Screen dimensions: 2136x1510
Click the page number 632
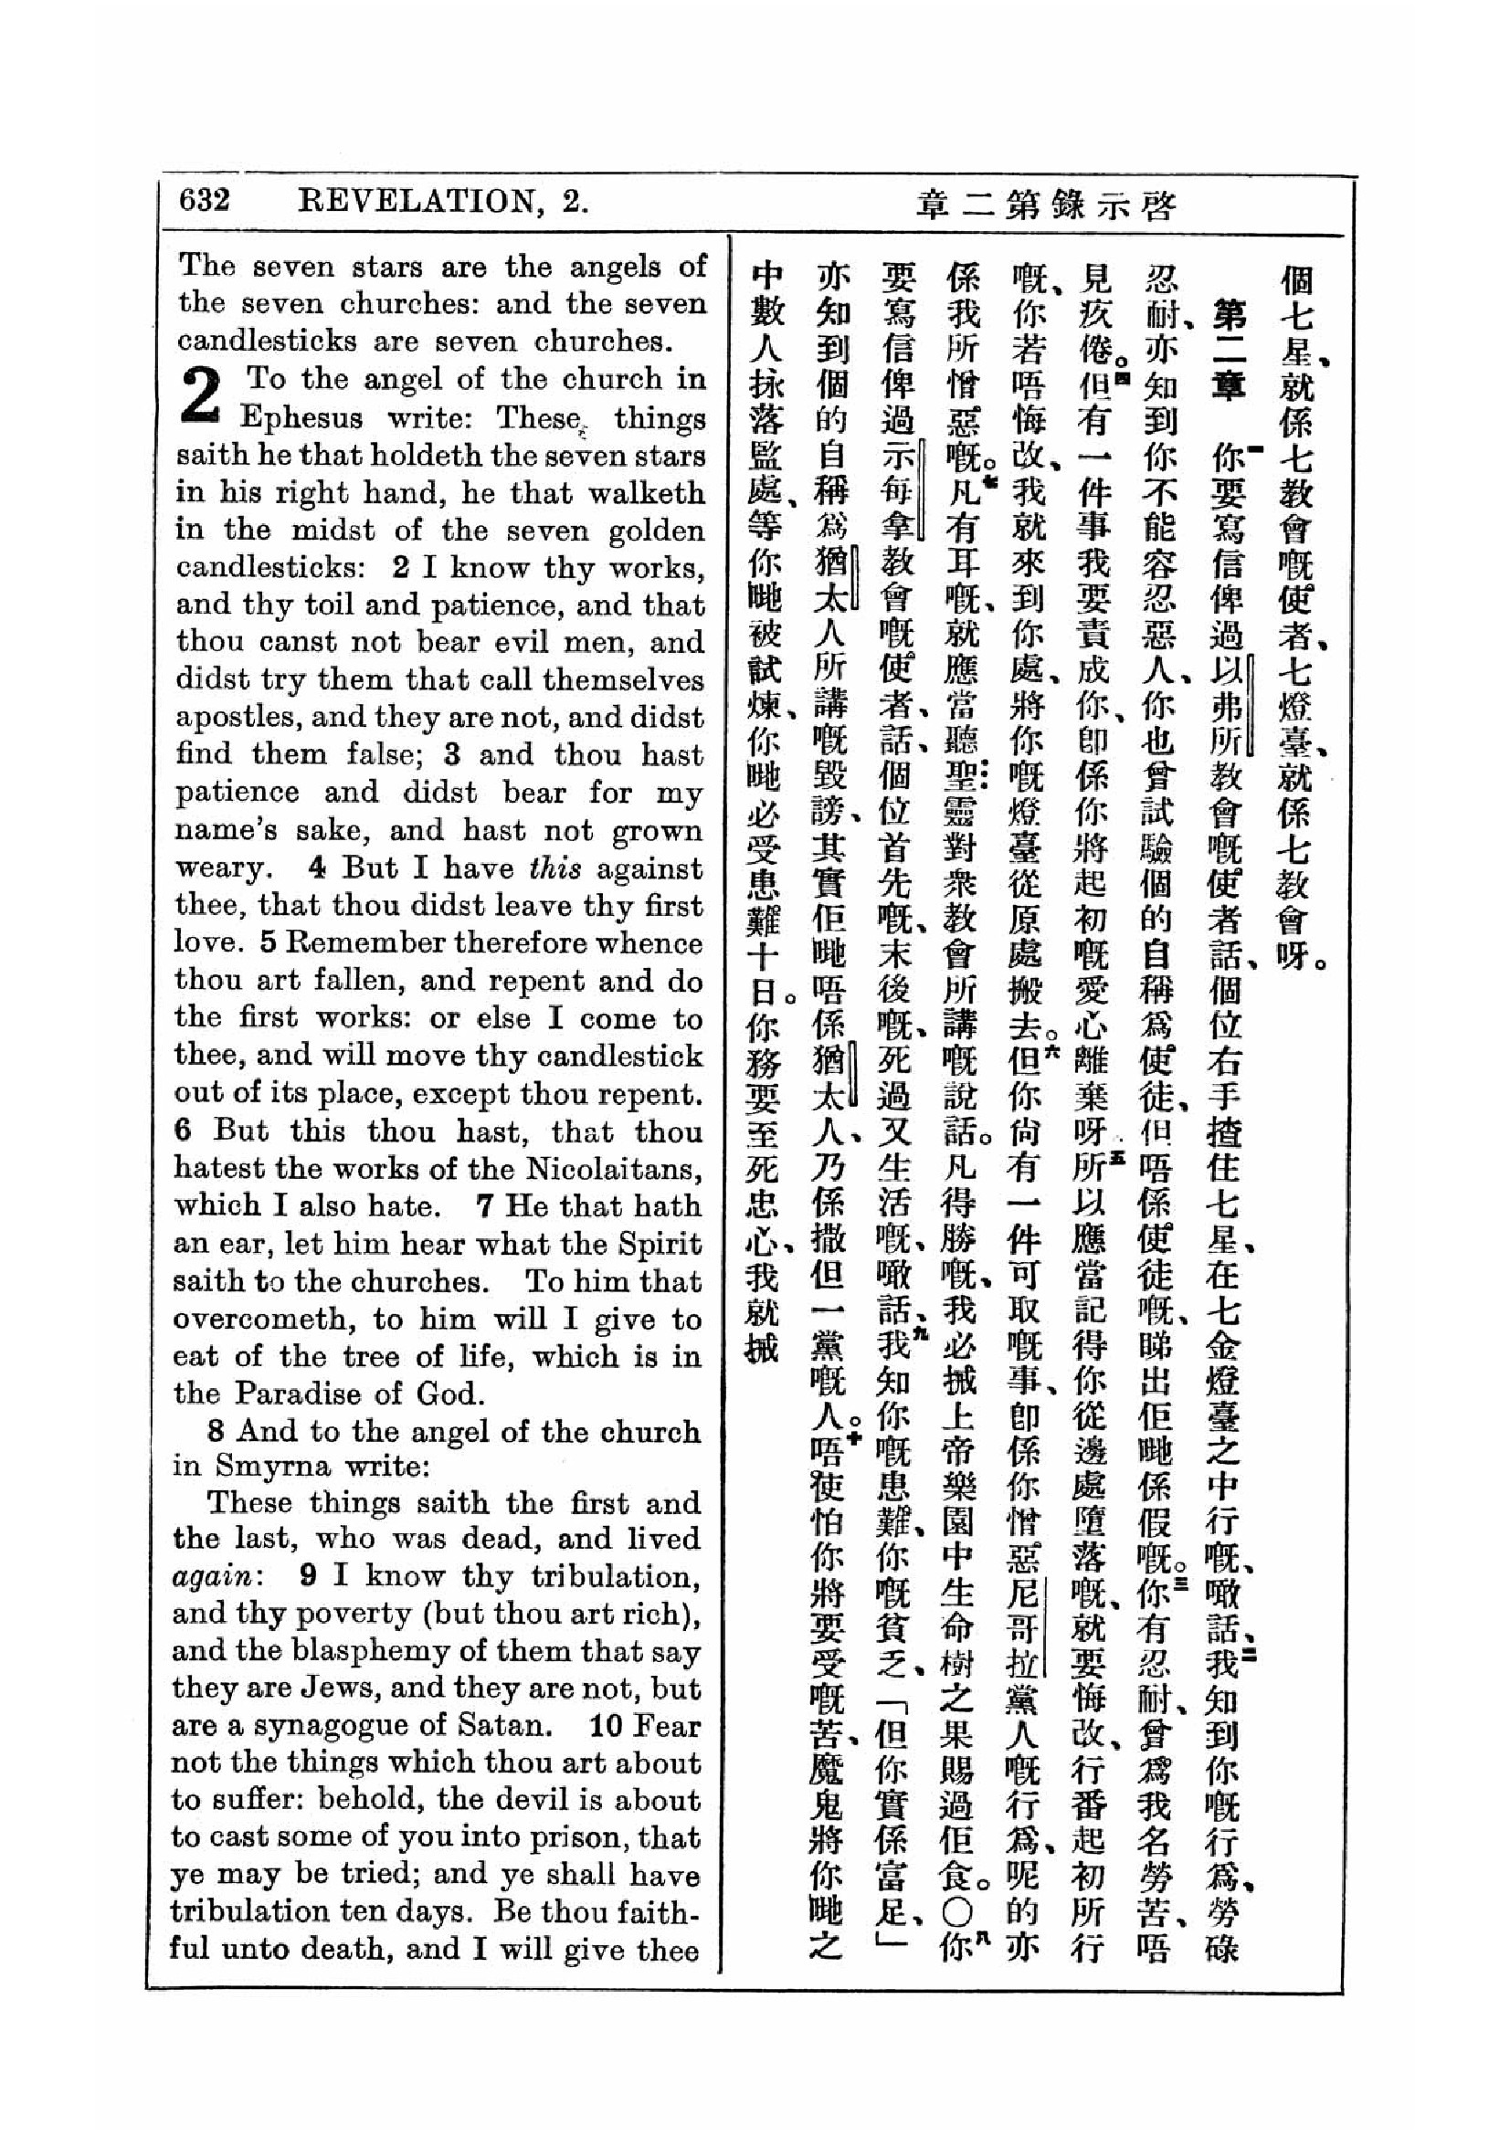click(x=204, y=201)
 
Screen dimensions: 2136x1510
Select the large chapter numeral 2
click(x=203, y=395)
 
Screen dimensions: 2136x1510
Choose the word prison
click(x=590, y=1837)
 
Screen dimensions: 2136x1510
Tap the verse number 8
click(x=216, y=1431)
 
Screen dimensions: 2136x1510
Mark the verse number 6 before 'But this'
click(x=183, y=1131)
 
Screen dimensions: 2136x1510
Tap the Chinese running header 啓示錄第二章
click(x=1047, y=204)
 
